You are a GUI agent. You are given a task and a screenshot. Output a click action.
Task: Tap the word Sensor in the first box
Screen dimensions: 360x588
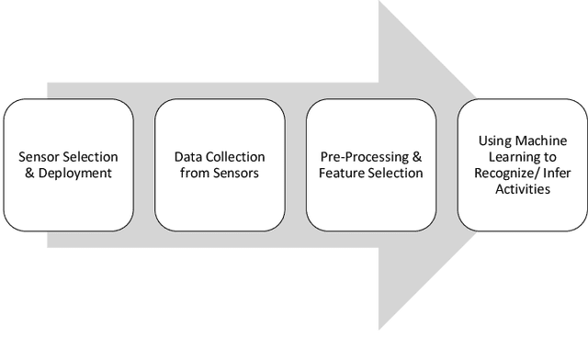click(39, 157)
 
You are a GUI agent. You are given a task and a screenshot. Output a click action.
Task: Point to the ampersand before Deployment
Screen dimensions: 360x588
click(30, 173)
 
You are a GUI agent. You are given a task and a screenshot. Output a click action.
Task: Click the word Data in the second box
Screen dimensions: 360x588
click(189, 157)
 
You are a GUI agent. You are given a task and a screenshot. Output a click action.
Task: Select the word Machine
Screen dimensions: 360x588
click(542, 141)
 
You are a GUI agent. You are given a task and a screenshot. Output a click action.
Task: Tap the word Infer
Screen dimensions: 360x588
click(560, 173)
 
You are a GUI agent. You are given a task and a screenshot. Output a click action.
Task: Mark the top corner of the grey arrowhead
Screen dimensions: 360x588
click(380, 3)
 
